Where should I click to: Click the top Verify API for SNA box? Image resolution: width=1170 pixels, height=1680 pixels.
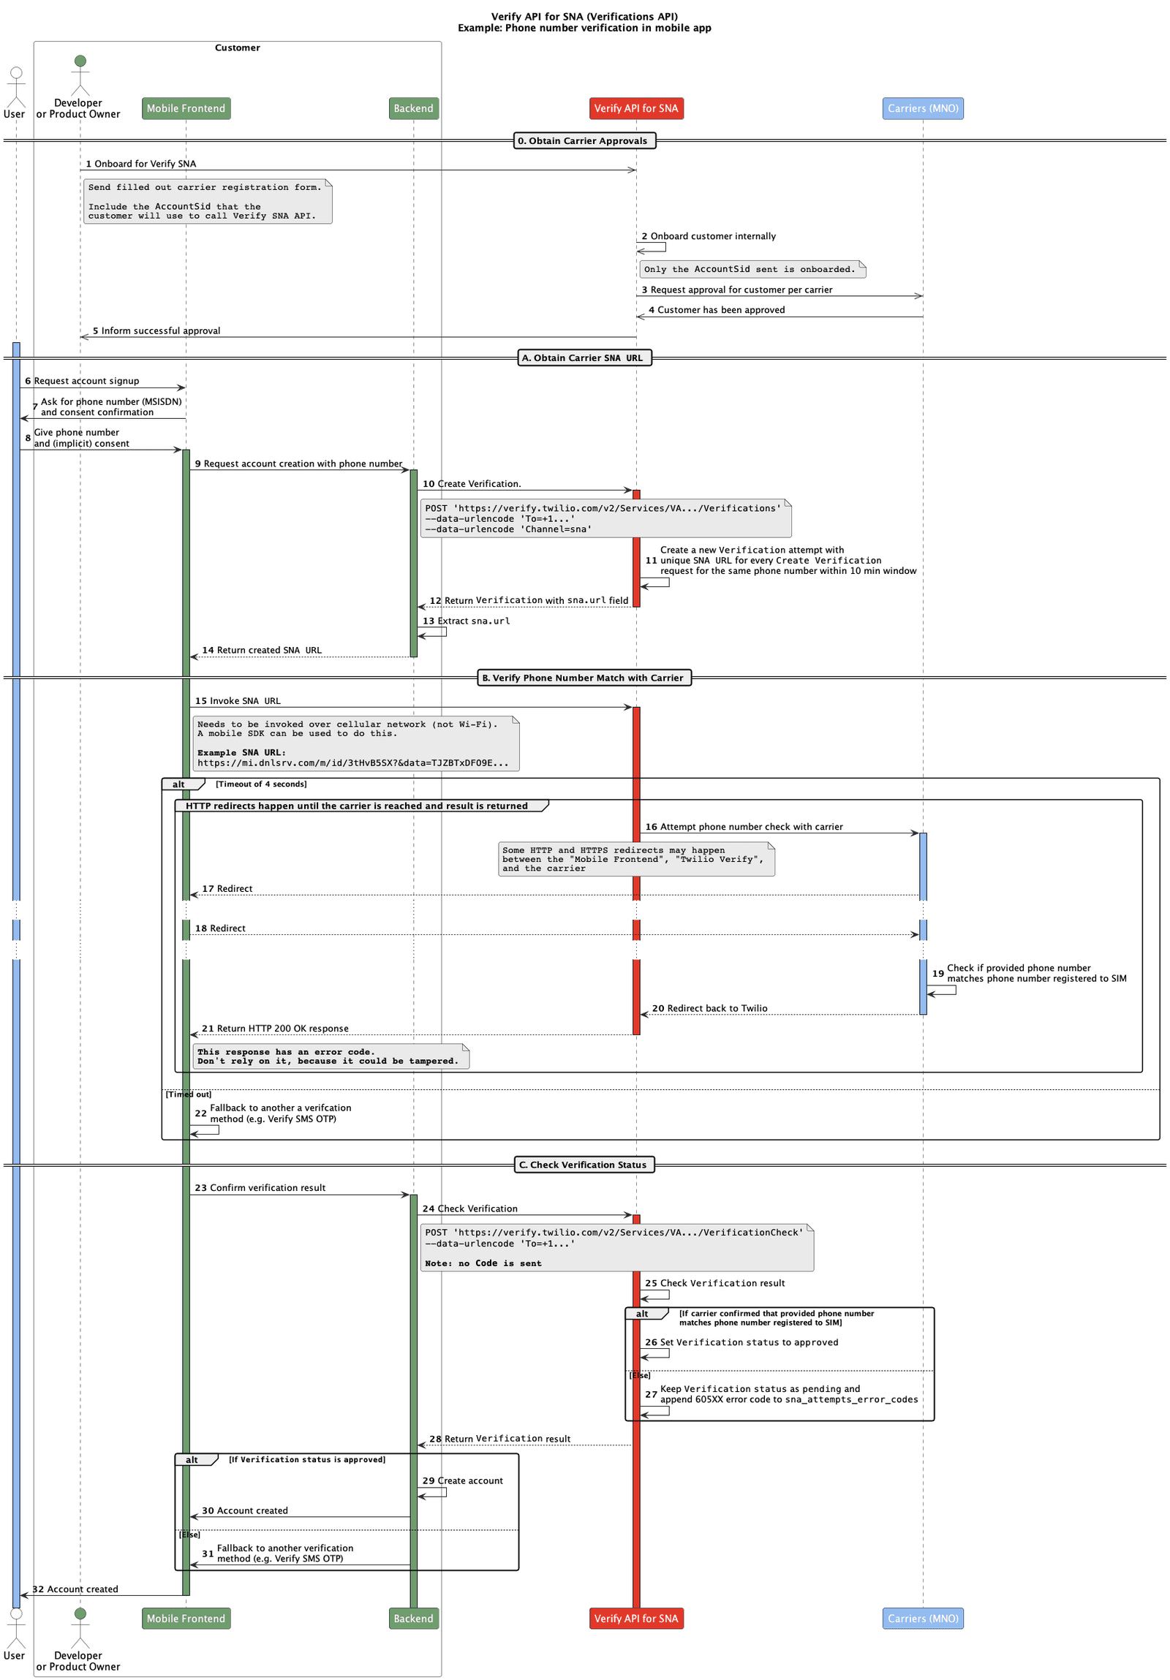635,108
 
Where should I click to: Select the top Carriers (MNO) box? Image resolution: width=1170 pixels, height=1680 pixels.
922,108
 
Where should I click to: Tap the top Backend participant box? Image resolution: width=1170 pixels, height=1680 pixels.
412,108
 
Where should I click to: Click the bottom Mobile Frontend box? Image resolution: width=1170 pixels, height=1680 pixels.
186,1618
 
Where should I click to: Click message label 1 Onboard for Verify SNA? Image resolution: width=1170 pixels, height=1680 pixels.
140,164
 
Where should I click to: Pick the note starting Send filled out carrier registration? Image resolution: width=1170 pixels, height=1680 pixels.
207,201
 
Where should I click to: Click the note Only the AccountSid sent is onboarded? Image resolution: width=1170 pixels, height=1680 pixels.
752,269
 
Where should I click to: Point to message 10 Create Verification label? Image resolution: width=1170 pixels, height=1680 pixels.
471,484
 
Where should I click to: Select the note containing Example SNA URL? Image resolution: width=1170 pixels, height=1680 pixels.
355,743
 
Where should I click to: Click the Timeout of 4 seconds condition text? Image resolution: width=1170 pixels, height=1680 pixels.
261,784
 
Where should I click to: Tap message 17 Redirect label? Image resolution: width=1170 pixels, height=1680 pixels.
227,888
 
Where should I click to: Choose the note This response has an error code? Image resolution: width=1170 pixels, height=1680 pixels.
330,1056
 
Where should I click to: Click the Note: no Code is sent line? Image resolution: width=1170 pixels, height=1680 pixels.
483,1263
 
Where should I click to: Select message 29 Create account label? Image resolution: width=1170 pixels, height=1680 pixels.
462,1480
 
